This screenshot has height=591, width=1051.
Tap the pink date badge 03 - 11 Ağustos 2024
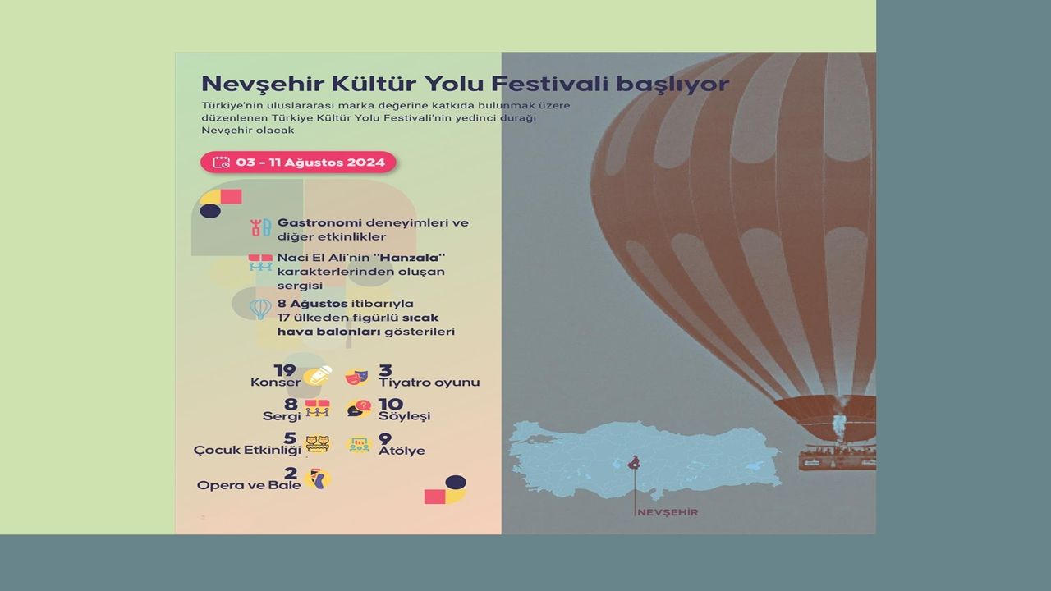coord(298,163)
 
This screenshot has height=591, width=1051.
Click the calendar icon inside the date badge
coord(222,163)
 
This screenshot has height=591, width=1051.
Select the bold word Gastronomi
coord(319,222)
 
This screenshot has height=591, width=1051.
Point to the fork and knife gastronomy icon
coord(260,227)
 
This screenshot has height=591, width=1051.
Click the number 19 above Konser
coord(285,370)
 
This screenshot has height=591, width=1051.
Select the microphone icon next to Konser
coord(318,376)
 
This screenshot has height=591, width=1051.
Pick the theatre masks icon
coord(356,377)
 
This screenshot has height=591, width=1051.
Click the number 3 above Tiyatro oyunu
coord(385,370)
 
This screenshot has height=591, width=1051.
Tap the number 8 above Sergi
coord(291,405)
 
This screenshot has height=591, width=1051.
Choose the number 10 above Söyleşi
coord(391,405)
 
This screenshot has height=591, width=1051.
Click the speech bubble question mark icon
coord(359,409)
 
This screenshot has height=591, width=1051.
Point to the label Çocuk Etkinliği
coord(247,451)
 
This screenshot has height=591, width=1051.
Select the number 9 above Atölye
coord(385,439)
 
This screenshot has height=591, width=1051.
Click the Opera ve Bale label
coord(249,485)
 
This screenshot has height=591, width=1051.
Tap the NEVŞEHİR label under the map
coord(668,513)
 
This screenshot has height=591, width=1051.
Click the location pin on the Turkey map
coord(635,462)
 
